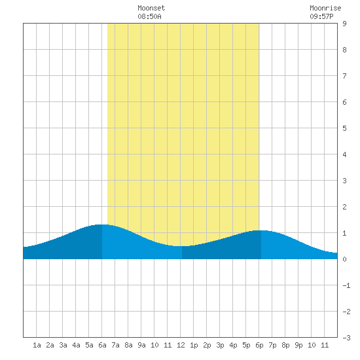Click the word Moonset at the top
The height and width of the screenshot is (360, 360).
point(151,8)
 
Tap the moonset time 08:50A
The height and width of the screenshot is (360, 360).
point(149,16)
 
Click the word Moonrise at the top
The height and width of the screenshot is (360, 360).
point(325,8)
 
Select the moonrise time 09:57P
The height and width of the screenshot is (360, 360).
point(321,16)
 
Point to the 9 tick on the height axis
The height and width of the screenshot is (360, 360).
point(344,24)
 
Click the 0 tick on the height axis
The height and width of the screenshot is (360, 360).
point(344,259)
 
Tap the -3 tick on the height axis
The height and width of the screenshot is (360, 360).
point(346,338)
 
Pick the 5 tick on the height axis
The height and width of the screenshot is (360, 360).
point(344,128)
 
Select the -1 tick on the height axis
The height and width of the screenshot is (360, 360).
point(346,285)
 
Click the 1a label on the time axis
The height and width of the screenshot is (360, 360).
point(37,345)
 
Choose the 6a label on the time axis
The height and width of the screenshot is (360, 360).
point(102,345)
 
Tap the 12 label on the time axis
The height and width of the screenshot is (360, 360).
point(181,345)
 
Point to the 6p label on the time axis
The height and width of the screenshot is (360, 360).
point(259,345)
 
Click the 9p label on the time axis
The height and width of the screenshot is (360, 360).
point(298,345)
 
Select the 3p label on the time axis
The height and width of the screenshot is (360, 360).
point(220,345)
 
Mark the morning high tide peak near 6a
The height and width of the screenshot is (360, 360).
point(102,225)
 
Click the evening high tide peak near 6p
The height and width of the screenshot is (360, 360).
point(261,230)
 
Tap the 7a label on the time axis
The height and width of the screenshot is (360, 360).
point(115,345)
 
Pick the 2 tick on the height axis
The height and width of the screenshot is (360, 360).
point(344,207)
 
